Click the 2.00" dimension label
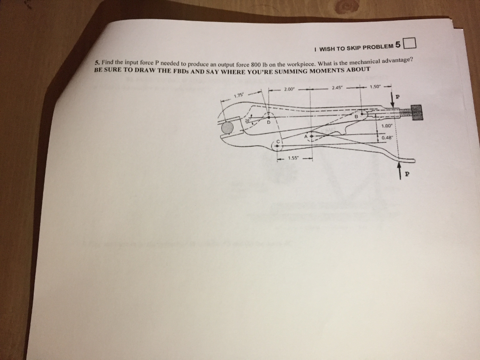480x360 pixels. click(288, 89)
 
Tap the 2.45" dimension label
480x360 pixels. click(337, 88)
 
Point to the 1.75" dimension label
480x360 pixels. click(239, 95)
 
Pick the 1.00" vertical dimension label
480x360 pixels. click(387, 126)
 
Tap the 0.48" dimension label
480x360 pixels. click(387, 137)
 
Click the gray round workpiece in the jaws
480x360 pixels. click(227, 127)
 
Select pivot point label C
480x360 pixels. click(278, 141)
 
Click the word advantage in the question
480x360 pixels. click(398, 60)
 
